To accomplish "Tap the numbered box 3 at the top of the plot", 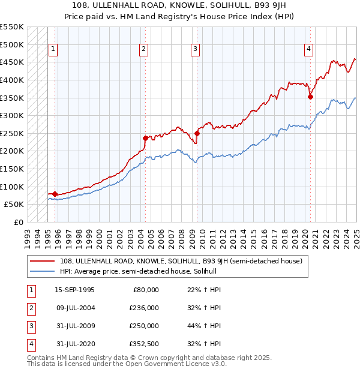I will click(196, 50).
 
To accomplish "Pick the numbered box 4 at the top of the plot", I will click(308, 50).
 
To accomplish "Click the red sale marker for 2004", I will click(145, 138).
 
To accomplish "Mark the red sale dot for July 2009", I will click(197, 133).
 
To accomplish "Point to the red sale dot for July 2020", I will click(310, 97).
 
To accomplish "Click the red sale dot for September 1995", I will click(55, 194).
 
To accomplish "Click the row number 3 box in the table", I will click(30, 326).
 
